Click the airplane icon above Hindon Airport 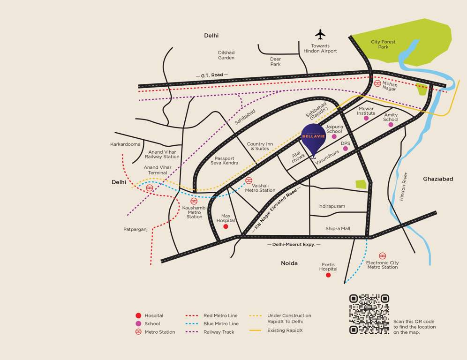point(320,34)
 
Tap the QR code point(369,314)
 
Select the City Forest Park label point(383,45)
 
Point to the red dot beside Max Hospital point(226,226)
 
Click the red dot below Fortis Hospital point(328,275)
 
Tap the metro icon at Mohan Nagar point(377,83)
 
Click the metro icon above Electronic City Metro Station point(383,255)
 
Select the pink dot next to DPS point(346,149)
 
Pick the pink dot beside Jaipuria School point(334,136)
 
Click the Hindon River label point(403,187)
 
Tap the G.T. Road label point(212,75)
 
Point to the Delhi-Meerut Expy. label point(294,245)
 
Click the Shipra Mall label point(338,229)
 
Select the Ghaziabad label point(438,179)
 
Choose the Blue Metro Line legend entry point(221,324)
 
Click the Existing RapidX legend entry point(285,330)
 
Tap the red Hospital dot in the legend point(138,316)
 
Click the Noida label point(289,263)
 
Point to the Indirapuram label point(331,206)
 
